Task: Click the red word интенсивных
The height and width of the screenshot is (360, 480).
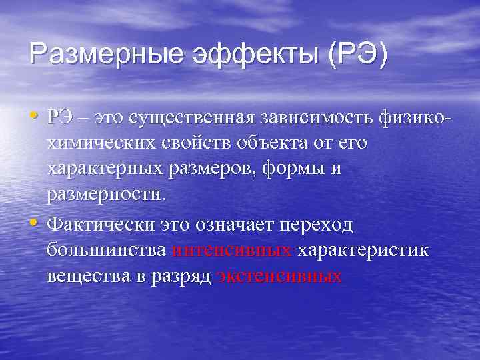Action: pyautogui.click(x=231, y=251)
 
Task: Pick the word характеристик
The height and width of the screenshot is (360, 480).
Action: pyautogui.click(x=363, y=251)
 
